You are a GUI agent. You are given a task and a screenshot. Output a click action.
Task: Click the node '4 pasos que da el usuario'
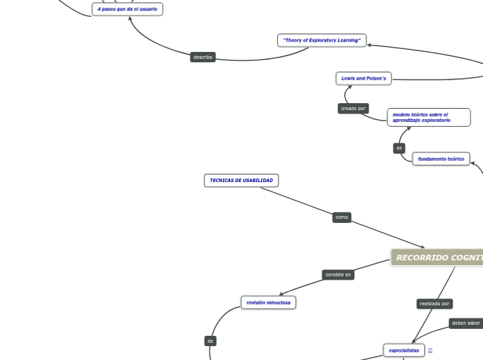click(128, 9)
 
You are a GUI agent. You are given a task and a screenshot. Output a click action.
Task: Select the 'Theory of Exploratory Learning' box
click(322, 40)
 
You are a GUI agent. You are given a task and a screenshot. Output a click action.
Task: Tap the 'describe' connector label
click(203, 57)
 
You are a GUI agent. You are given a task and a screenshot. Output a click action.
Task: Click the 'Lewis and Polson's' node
click(364, 79)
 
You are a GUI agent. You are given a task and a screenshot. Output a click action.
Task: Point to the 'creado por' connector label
click(353, 109)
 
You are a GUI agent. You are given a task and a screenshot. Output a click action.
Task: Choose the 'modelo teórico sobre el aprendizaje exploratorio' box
click(428, 117)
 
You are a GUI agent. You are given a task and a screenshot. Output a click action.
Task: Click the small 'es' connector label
click(399, 148)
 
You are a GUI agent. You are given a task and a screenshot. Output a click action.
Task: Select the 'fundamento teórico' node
click(441, 159)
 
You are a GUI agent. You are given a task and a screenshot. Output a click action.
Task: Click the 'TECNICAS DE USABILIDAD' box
click(241, 181)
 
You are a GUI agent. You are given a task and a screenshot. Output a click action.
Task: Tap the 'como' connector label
click(342, 217)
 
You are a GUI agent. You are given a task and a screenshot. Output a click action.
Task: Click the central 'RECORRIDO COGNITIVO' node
click(438, 258)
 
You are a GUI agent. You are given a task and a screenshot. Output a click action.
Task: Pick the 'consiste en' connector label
click(338, 275)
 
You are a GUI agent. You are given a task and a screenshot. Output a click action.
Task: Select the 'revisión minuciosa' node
click(268, 303)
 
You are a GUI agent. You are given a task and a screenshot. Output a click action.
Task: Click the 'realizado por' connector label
click(434, 304)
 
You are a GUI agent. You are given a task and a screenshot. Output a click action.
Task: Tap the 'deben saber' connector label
click(466, 323)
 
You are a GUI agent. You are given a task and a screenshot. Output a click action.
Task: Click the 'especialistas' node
click(404, 350)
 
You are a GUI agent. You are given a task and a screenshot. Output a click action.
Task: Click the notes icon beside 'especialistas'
click(430, 351)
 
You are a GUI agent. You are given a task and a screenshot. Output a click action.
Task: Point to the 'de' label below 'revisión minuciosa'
click(211, 341)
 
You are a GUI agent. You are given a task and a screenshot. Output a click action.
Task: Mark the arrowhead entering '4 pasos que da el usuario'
click(130, 18)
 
